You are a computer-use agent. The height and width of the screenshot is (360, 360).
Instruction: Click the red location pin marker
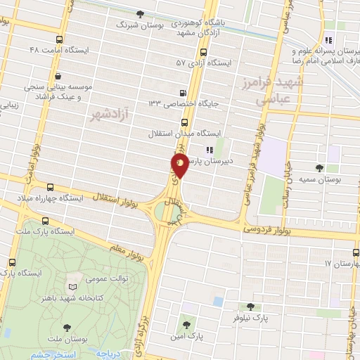tap(179, 166)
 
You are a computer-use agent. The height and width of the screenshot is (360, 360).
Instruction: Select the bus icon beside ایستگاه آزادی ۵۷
tap(204, 51)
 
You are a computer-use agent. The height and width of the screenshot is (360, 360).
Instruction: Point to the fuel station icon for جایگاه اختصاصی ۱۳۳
tap(184, 91)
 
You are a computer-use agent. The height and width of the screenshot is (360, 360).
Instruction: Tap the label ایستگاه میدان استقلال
tap(185, 133)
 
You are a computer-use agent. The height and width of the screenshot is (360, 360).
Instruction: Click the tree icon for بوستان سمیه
tap(320, 167)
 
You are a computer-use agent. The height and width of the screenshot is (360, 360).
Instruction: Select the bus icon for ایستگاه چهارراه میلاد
tap(50, 187)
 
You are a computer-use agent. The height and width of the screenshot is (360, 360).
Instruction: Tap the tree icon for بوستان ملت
tap(67, 327)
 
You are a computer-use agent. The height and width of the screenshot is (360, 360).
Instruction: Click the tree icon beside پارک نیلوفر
tap(250, 306)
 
